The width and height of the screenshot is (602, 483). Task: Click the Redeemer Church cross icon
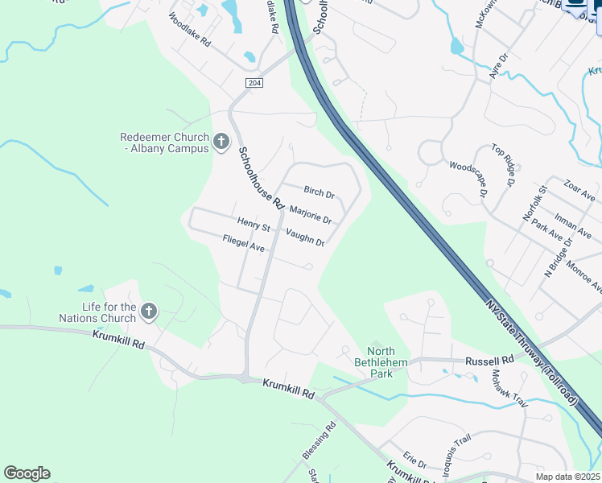(221, 143)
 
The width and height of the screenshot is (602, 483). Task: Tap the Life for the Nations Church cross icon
(148, 311)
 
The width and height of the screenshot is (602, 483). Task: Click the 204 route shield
(254, 83)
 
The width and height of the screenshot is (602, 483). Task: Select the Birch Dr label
(319, 192)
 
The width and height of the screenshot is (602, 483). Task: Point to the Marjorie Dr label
(310, 215)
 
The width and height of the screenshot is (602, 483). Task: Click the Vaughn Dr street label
(305, 237)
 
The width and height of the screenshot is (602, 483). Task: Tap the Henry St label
(254, 225)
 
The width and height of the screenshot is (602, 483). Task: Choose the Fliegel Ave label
(244, 243)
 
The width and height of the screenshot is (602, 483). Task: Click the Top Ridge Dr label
(503, 166)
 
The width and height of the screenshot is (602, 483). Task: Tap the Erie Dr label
(414, 458)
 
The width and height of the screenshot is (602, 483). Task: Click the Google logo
(27, 473)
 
